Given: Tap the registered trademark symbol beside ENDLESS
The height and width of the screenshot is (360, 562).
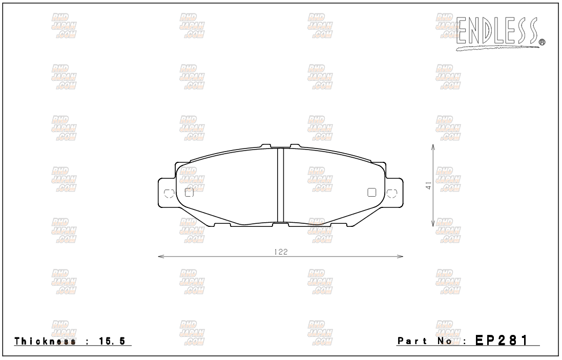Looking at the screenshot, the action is coord(543,43).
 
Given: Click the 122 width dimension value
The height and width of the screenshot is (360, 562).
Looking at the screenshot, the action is coord(281,252).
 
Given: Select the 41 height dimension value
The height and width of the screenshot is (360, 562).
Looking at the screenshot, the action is coord(428,185).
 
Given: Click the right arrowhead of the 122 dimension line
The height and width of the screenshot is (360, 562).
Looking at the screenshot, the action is coord(400,256).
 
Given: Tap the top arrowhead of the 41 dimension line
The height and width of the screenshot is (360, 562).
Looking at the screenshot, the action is coord(433,147).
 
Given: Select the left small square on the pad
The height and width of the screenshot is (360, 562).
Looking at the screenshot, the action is coord(189,193).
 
